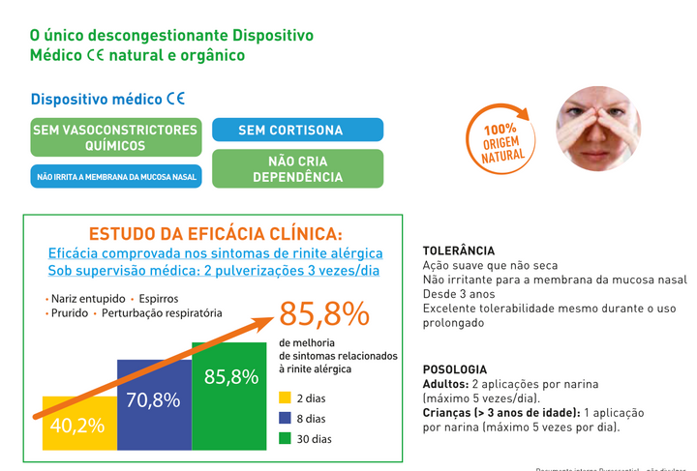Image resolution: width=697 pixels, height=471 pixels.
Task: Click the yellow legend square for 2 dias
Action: point(285,398)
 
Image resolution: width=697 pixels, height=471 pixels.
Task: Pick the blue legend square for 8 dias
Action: point(285,418)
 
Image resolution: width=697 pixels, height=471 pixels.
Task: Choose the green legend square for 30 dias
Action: point(285,438)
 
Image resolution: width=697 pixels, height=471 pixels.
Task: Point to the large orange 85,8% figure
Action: point(324,314)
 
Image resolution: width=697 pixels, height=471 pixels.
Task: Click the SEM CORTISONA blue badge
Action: point(297,130)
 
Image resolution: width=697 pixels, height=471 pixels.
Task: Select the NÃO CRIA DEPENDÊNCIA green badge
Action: point(297,169)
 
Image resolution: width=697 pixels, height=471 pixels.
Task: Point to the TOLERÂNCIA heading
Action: point(459,250)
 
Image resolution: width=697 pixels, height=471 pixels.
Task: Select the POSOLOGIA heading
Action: point(455,369)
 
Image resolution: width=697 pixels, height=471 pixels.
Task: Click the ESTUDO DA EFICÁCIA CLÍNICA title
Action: point(215,233)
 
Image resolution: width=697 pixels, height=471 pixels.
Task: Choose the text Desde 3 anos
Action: point(460,294)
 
